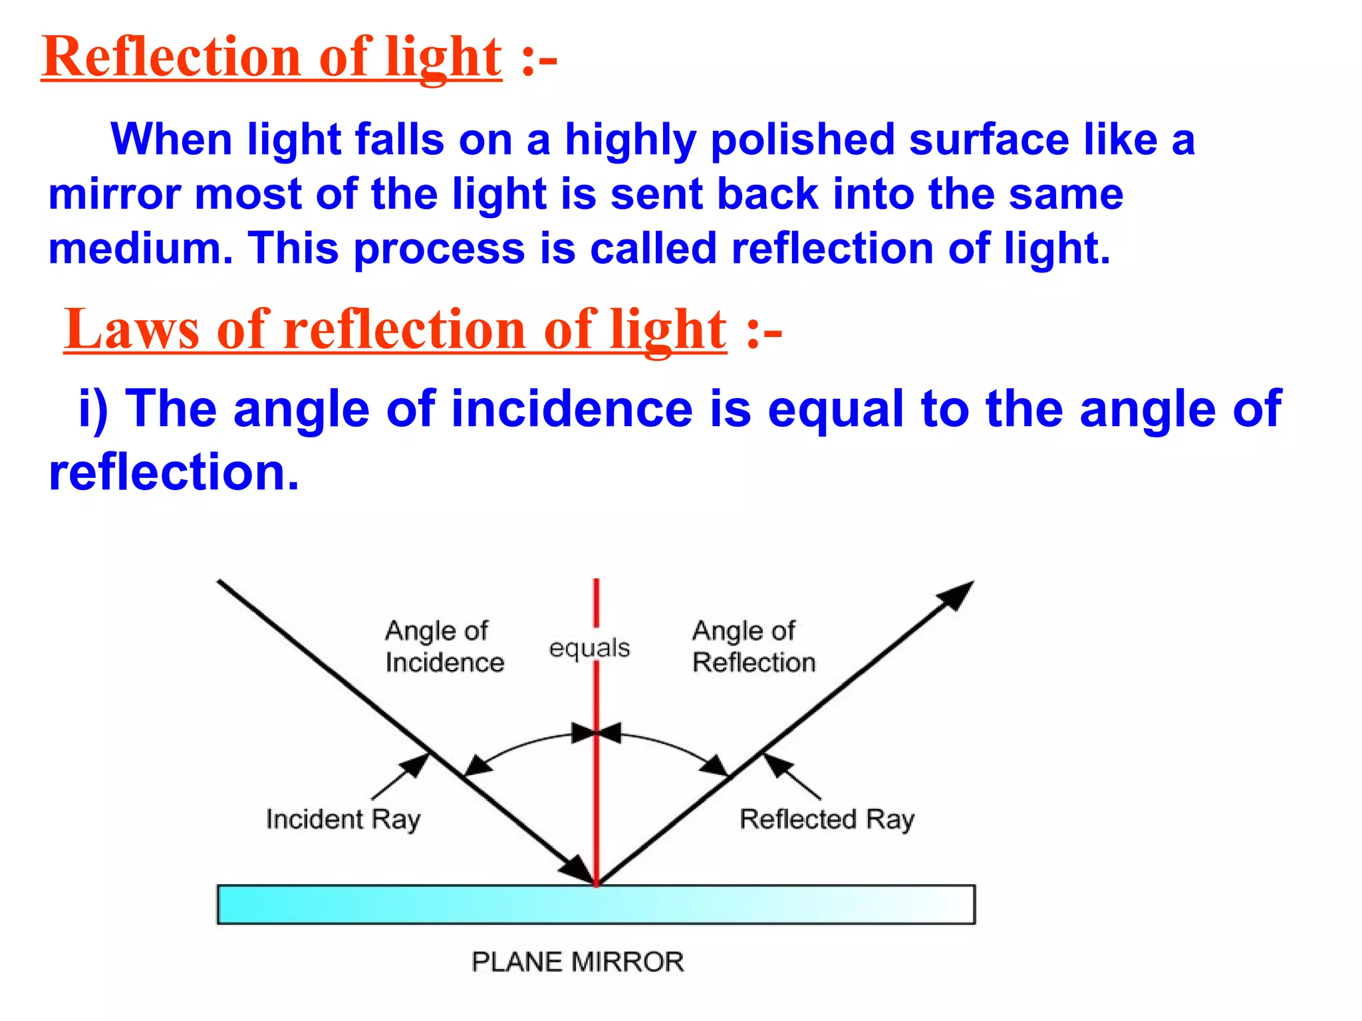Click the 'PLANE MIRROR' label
tap(577, 962)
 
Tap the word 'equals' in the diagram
tap(589, 648)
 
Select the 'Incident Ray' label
tap(343, 820)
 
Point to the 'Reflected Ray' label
tap(827, 820)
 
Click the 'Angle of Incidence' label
tap(444, 646)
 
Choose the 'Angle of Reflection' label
tap(753, 646)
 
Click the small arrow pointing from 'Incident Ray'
tap(401, 776)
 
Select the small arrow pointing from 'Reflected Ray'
tap(791, 776)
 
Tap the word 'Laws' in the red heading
tap(132, 330)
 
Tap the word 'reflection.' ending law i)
tap(174, 472)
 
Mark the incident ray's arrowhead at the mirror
tap(576, 867)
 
